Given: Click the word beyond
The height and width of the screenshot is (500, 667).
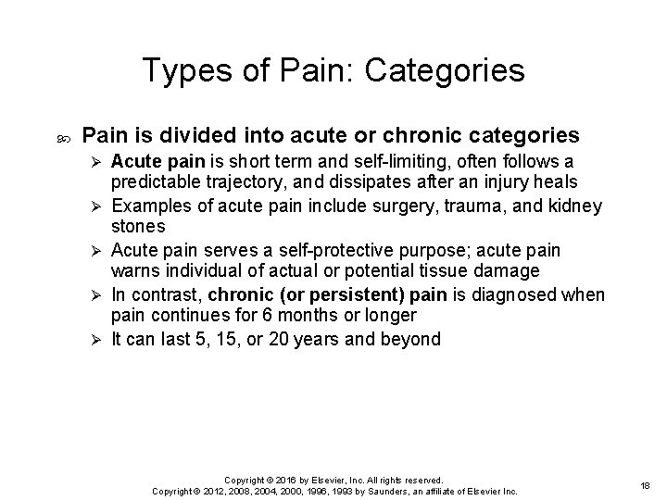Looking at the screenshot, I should point(409,339).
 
